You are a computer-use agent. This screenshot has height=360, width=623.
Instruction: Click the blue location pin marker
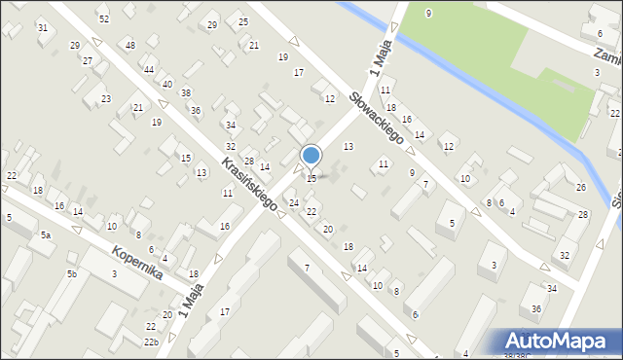click(311, 156)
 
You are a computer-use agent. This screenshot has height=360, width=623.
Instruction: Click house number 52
click(104, 19)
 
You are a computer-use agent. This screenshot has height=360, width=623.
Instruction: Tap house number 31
click(42, 27)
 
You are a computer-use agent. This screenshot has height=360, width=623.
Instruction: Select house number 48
click(130, 46)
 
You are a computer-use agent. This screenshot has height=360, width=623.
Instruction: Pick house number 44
click(149, 70)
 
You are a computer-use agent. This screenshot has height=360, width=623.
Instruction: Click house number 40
click(167, 85)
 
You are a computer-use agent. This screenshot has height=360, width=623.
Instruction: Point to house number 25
click(242, 22)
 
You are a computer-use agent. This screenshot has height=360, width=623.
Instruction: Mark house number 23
click(105, 99)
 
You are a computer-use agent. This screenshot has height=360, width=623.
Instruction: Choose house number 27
click(88, 61)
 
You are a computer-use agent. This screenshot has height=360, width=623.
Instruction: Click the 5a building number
click(45, 235)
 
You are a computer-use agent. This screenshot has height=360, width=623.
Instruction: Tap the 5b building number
click(71, 274)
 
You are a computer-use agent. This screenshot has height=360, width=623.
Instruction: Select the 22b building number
click(151, 342)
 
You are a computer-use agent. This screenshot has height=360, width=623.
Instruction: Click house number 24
click(293, 202)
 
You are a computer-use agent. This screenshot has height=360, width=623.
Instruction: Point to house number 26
click(581, 187)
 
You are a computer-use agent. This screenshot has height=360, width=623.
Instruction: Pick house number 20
click(328, 229)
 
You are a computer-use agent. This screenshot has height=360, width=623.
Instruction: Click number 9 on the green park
click(428, 13)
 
